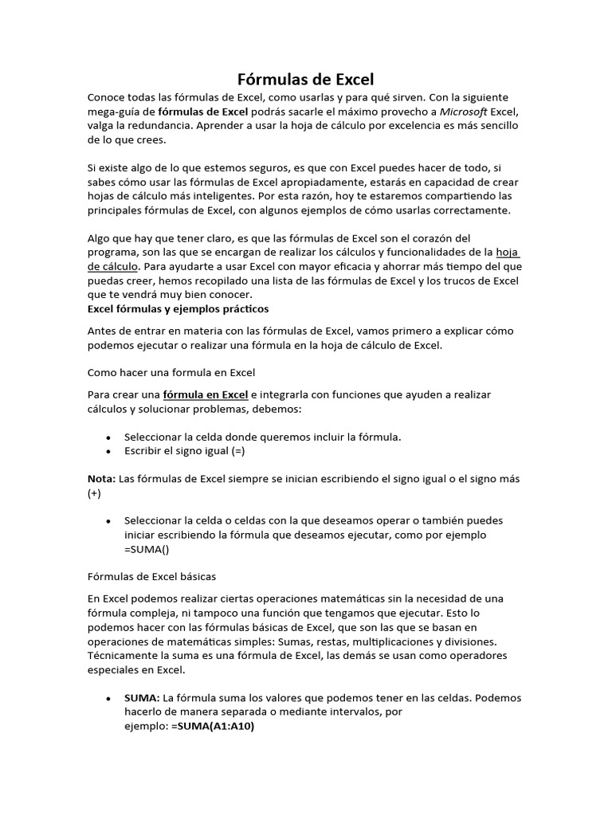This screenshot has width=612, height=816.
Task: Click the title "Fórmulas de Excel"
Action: point(306,80)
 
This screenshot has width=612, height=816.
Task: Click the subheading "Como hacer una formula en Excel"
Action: point(171,372)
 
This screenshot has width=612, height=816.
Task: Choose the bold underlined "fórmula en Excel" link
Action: point(206,394)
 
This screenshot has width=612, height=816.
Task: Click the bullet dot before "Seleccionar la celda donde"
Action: point(108,437)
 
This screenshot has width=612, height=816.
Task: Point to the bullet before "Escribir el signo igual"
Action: point(108,451)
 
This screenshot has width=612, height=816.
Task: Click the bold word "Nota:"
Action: point(101,479)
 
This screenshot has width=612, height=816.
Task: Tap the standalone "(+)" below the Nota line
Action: point(94,493)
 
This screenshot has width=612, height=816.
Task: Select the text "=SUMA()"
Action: point(147,549)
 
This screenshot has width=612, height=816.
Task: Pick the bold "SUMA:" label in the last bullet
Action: point(142,698)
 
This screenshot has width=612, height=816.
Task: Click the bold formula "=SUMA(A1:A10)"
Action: point(212,727)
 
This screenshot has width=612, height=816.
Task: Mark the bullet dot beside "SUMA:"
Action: point(108,699)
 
